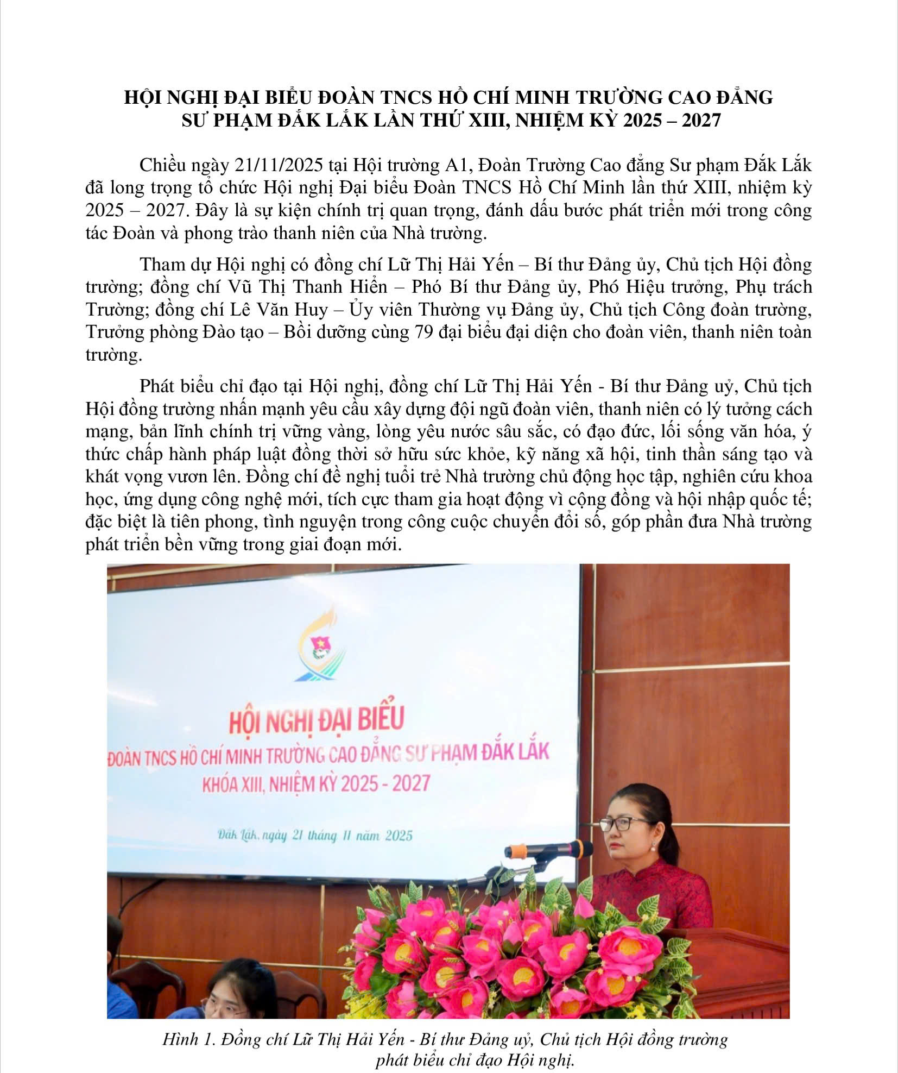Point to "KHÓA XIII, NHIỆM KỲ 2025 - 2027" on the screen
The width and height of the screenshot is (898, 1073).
pyautogui.click(x=316, y=784)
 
